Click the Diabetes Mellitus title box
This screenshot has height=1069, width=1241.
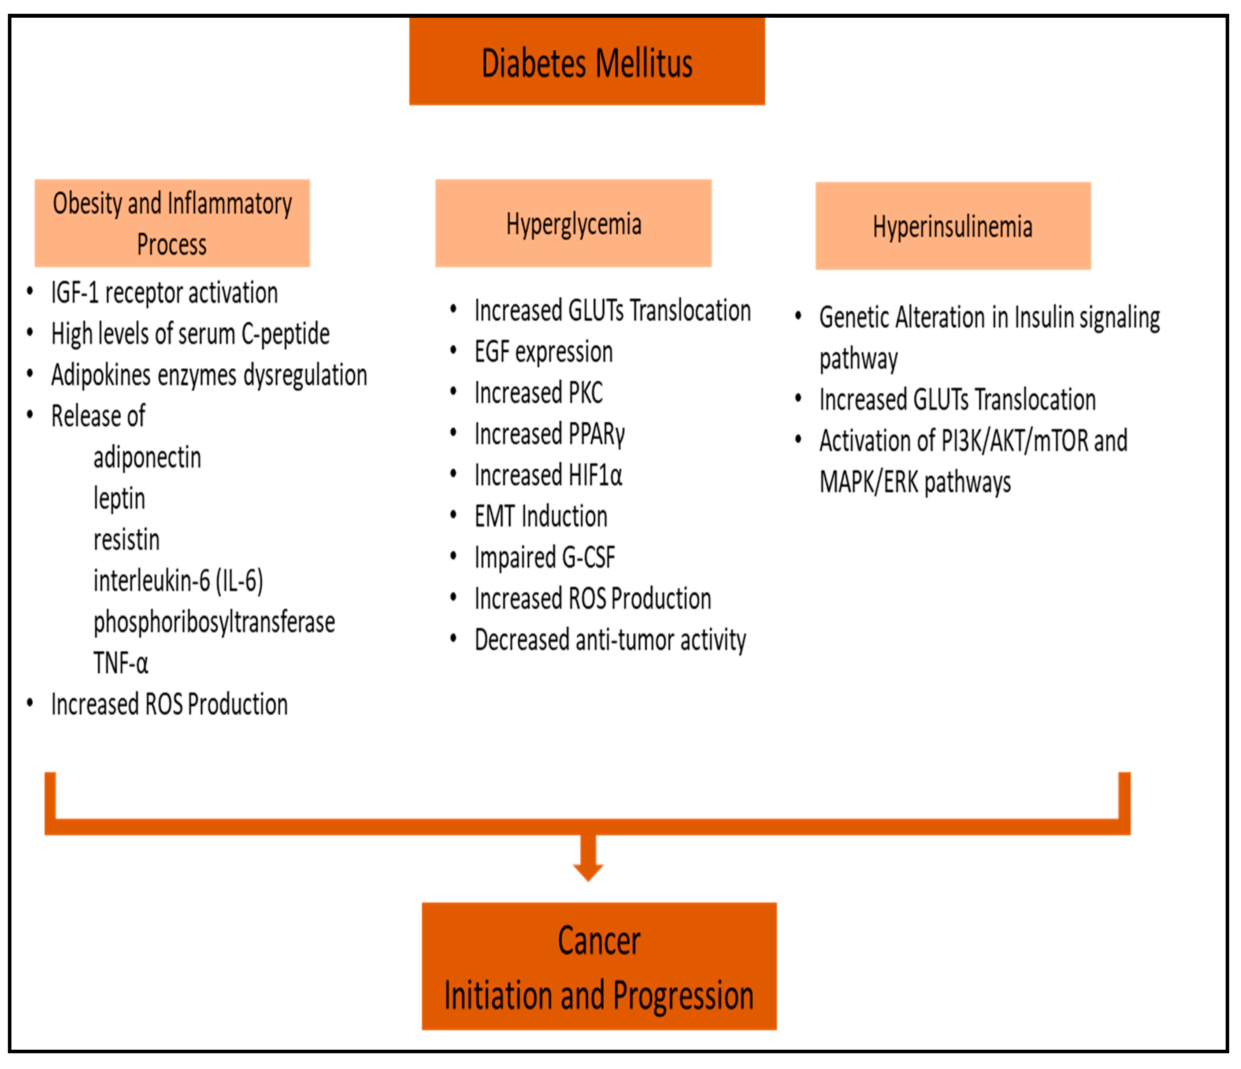586,62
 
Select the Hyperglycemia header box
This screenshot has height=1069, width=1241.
573,223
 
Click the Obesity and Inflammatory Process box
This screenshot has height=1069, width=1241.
172,223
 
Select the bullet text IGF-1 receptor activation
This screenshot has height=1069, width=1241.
164,293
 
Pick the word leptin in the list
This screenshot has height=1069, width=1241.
119,498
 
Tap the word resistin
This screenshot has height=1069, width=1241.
126,539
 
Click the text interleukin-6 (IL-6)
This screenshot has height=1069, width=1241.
178,581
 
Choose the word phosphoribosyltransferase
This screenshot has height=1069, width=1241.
214,622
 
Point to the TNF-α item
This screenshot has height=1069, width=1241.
121,663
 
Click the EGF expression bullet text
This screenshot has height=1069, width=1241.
543,352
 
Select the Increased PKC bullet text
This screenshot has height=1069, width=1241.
538,393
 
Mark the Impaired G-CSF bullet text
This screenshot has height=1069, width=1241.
544,558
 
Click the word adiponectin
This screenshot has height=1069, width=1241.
147,458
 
